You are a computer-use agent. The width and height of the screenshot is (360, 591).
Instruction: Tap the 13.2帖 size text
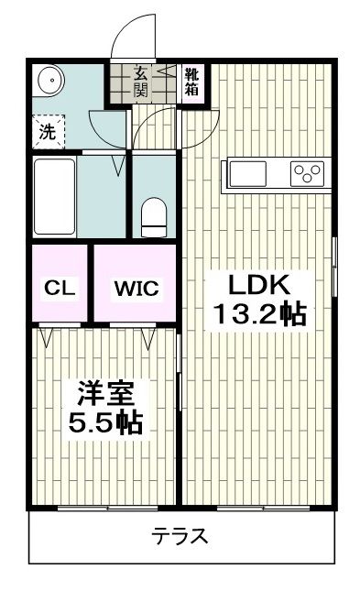coord(259,314)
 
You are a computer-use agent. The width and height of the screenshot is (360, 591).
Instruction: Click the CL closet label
coord(60,288)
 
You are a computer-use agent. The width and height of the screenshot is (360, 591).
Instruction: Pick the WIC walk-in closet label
coord(136,288)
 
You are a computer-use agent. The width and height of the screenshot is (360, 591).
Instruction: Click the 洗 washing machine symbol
coord(47,131)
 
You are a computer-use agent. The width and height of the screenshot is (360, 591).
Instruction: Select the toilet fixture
coord(154,216)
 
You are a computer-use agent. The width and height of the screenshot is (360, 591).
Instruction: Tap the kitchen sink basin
coord(247,172)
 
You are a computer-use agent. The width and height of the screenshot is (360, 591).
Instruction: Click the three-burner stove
coord(306,172)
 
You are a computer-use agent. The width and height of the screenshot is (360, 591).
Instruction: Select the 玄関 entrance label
coord(142,81)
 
